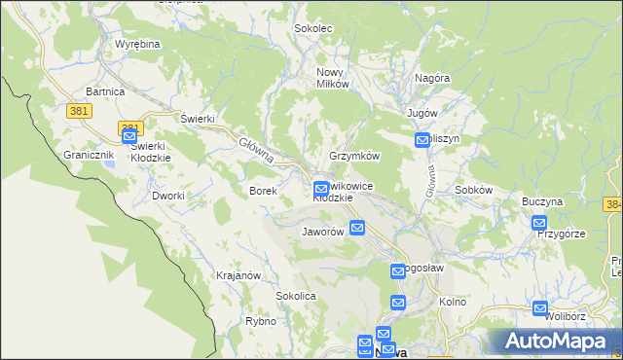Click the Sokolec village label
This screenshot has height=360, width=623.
[x=313, y=28]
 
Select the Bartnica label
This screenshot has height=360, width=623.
[x=105, y=91]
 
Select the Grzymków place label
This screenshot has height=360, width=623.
[x=354, y=156]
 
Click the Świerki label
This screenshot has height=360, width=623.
[x=198, y=119]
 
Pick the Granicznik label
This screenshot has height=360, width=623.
[x=90, y=155]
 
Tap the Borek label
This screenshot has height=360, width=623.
[x=264, y=191]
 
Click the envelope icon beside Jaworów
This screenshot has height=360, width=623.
[x=357, y=229]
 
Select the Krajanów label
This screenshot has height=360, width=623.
[x=238, y=275]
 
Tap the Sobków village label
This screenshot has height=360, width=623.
[x=474, y=190]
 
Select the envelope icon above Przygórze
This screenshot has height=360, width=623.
[x=539, y=224]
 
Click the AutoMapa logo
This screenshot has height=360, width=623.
[x=552, y=342]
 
